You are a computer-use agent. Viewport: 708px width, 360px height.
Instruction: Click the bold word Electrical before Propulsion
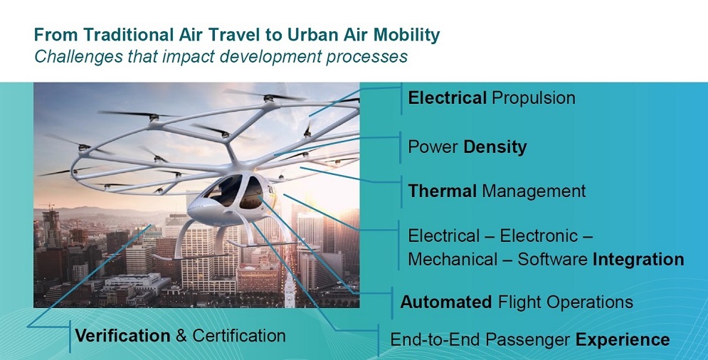[x=447, y=98]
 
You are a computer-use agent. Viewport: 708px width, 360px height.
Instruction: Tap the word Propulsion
[x=533, y=99]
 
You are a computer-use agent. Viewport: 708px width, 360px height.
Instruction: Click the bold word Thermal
[x=442, y=191]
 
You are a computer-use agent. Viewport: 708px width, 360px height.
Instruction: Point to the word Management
[x=534, y=192]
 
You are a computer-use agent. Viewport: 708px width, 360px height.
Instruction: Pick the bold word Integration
[x=638, y=260]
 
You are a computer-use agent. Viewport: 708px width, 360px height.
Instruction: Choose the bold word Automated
[x=445, y=302]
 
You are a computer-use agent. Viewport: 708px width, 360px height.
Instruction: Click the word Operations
[x=589, y=302]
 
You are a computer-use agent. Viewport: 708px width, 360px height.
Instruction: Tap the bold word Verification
[x=122, y=336]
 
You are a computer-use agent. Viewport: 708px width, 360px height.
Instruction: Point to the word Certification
[x=239, y=336]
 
